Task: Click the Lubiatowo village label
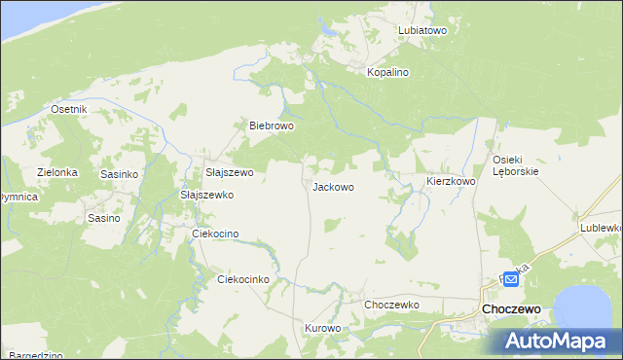coord(421,30)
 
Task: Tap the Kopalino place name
coord(386,72)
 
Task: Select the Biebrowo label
coord(272,126)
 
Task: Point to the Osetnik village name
coord(69,109)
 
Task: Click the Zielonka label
coord(57,172)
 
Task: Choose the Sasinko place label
coord(120,173)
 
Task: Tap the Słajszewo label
coord(229,172)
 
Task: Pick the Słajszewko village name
coord(207,195)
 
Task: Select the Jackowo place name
coord(332,186)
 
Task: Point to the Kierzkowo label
coord(451,181)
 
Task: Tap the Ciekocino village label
coord(215,234)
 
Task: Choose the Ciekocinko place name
coord(242,279)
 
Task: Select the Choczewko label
coord(391,305)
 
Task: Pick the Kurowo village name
coord(323,328)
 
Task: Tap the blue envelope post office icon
coord(511,279)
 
